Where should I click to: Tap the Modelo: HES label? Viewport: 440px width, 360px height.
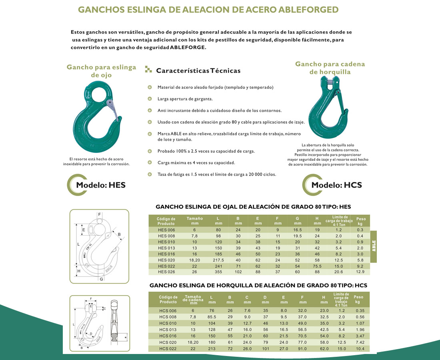coord(100,185)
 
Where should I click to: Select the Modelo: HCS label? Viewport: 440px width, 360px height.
coord(336,185)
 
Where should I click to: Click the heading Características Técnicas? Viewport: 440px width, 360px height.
coord(198,71)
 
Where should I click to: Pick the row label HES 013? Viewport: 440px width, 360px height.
coord(166,248)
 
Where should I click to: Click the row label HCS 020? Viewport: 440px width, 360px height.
coord(168,342)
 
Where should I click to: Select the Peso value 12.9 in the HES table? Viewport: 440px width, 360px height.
coord(360,272)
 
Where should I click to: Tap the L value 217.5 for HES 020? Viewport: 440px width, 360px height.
coord(218,260)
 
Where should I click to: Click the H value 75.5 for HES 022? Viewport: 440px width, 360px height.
coord(317,266)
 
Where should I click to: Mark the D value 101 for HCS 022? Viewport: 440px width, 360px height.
coord(265,349)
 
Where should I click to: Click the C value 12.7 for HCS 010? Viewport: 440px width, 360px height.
coord(247,323)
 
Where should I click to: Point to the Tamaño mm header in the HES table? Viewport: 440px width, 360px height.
coord(194,221)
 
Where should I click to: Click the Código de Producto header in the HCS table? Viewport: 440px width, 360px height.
coord(168,300)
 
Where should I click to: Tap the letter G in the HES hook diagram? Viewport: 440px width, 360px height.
coord(101,279)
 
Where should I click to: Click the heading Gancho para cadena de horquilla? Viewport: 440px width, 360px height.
coord(330,68)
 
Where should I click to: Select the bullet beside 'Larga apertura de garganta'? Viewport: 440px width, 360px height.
coord(150,98)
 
